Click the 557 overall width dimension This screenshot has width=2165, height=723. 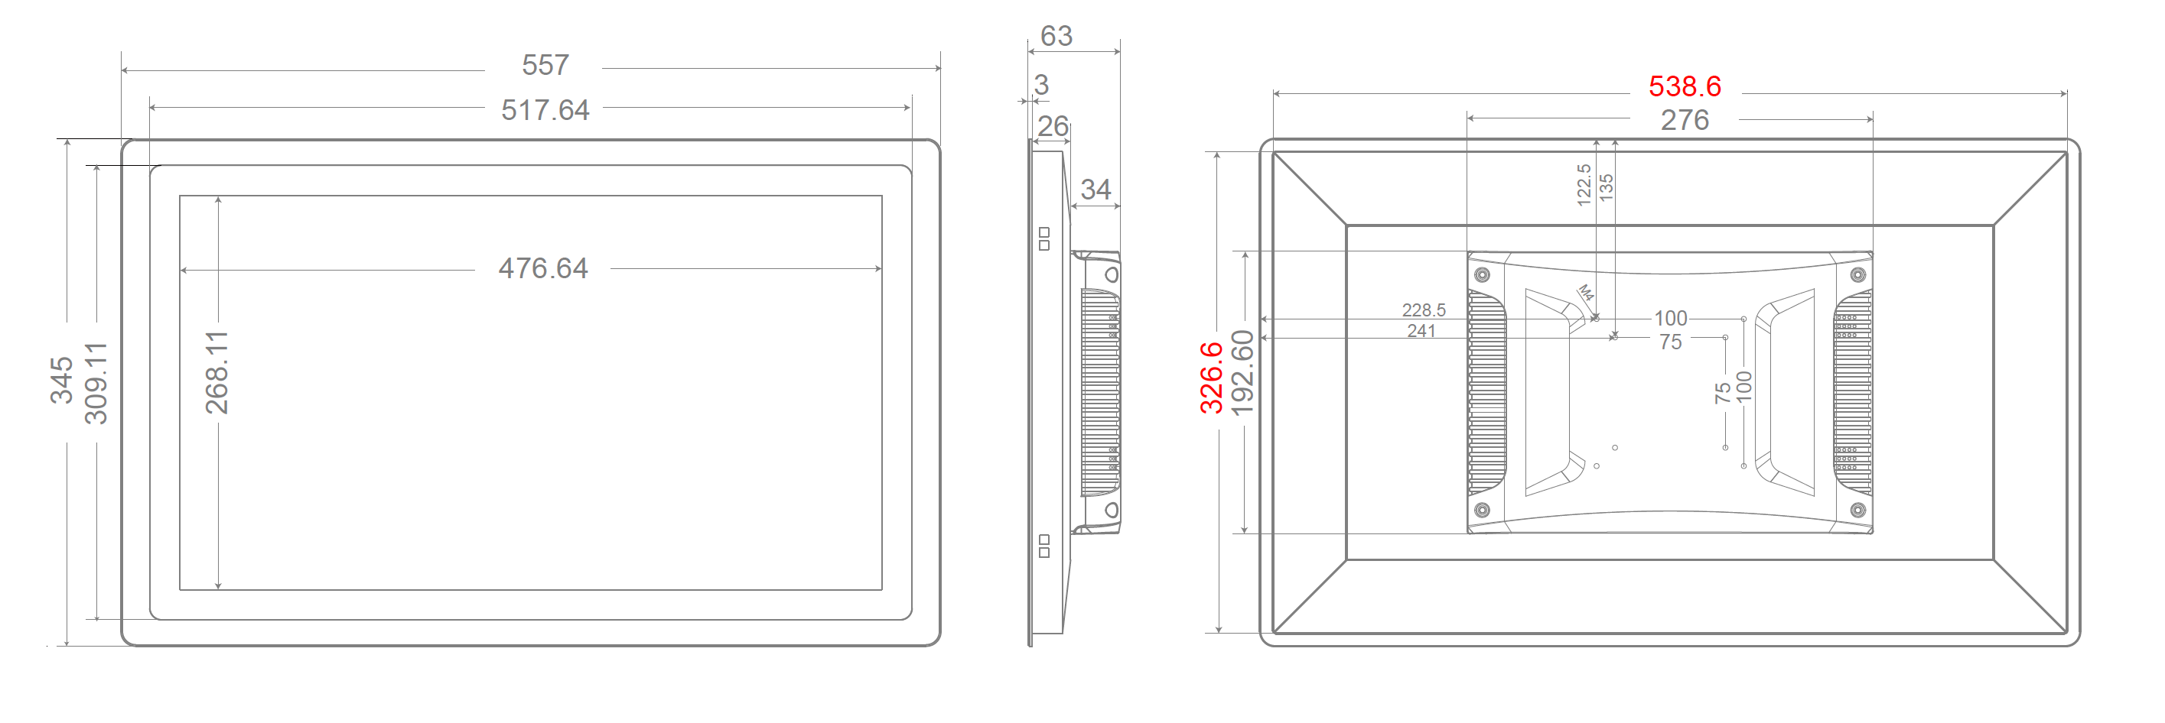coord(545,65)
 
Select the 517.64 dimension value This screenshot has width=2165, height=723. coord(545,110)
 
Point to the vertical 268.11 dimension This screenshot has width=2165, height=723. coord(216,372)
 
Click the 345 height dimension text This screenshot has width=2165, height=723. coord(61,380)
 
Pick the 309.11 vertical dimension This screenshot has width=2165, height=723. coord(96,383)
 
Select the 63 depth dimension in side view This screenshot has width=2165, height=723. coord(1056,36)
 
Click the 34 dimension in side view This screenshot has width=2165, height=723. coord(1095,190)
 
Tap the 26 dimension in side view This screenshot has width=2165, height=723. coord(1052,127)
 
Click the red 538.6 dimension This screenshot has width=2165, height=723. coord(1685,86)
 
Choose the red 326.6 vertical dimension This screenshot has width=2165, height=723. coord(1211,378)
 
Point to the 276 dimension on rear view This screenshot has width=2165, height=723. coord(1685,120)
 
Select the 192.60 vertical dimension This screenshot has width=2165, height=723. coord(1242,373)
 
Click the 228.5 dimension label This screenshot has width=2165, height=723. coord(1424,310)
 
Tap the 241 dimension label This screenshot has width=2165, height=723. coord(1421,331)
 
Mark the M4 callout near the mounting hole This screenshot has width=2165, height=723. coord(1585,293)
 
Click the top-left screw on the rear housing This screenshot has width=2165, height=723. coord(1483,274)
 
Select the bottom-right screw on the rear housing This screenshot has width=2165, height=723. coord(1858,510)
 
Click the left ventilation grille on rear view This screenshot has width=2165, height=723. coord(1486,392)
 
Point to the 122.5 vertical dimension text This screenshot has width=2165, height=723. coord(1584,185)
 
